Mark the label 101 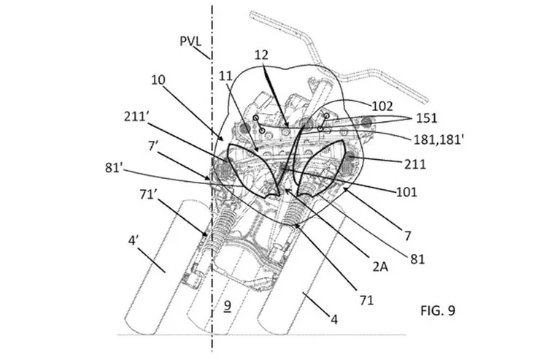[x=404, y=192]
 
